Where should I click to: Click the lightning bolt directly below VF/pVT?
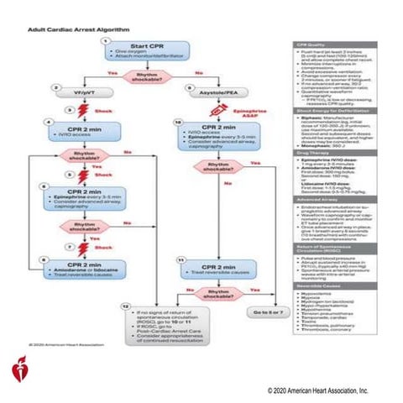(84, 110)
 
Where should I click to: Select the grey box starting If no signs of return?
(181, 320)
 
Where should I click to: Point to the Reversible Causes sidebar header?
(312, 287)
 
